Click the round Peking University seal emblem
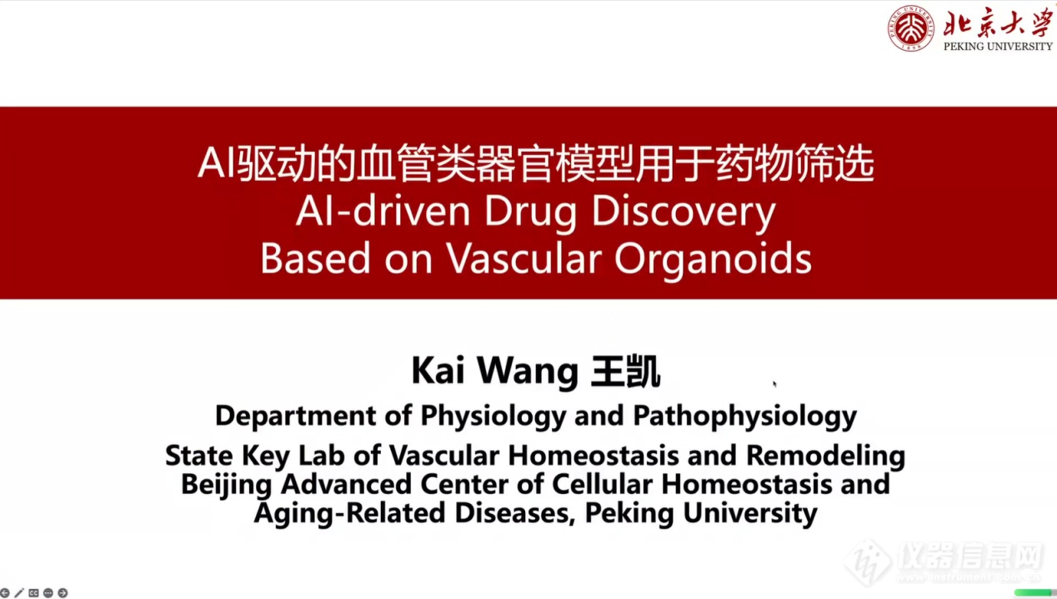[910, 28]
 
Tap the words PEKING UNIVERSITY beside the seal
[998, 46]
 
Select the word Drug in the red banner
[530, 214]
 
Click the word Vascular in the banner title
[523, 258]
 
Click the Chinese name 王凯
[626, 372]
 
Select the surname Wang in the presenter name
[528, 373]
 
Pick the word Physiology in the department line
[493, 416]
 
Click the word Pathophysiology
[744, 416]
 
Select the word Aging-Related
[349, 514]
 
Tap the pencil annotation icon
[19, 593]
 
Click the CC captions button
[33, 593]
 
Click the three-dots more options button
[48, 593]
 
